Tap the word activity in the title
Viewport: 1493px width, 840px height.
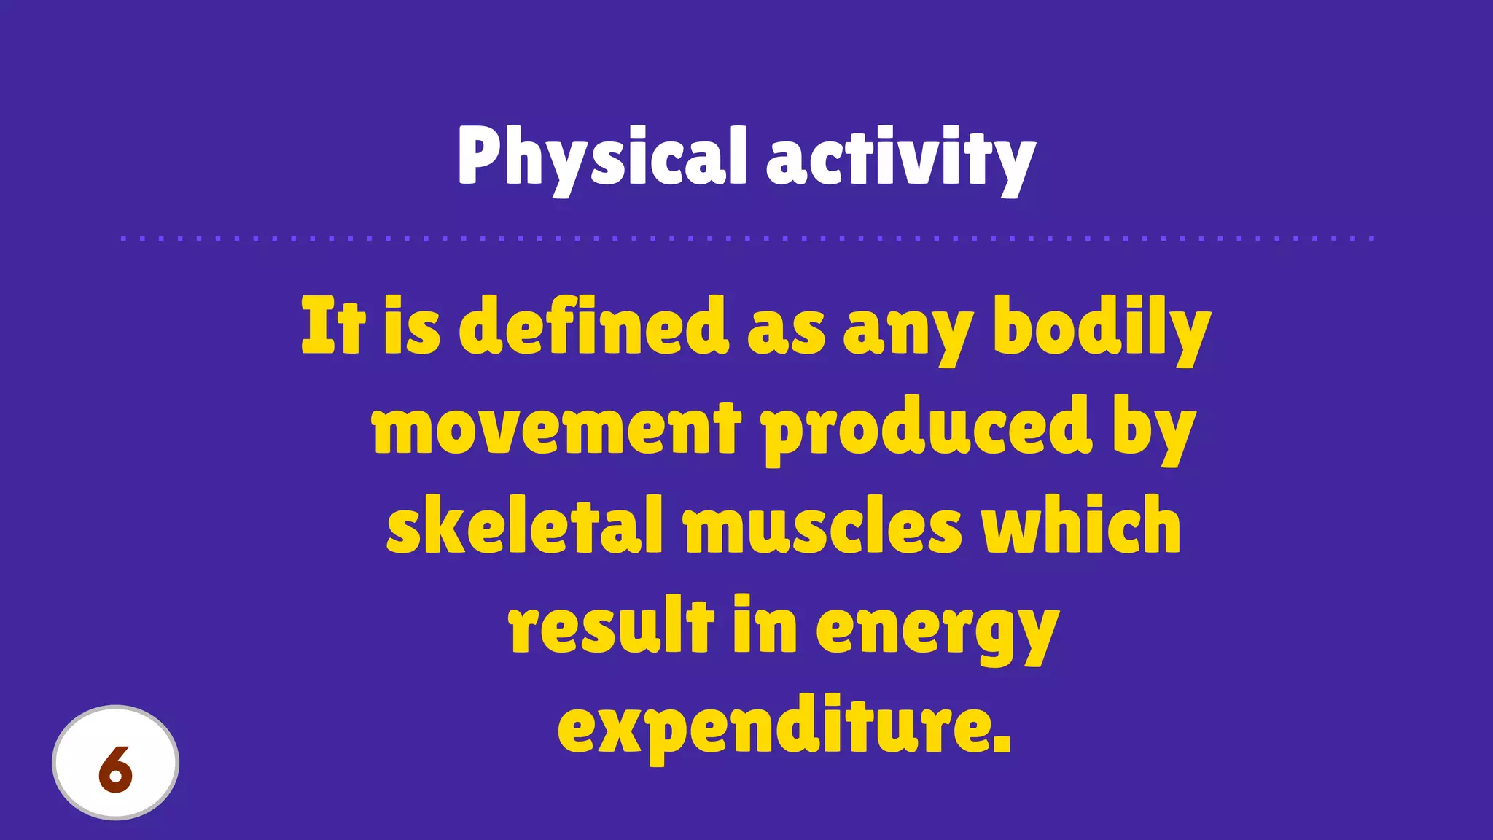click(x=900, y=157)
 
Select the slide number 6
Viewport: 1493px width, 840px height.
click(x=115, y=769)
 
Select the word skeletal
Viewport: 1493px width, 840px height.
click(x=525, y=525)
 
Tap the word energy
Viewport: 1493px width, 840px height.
click(x=937, y=627)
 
